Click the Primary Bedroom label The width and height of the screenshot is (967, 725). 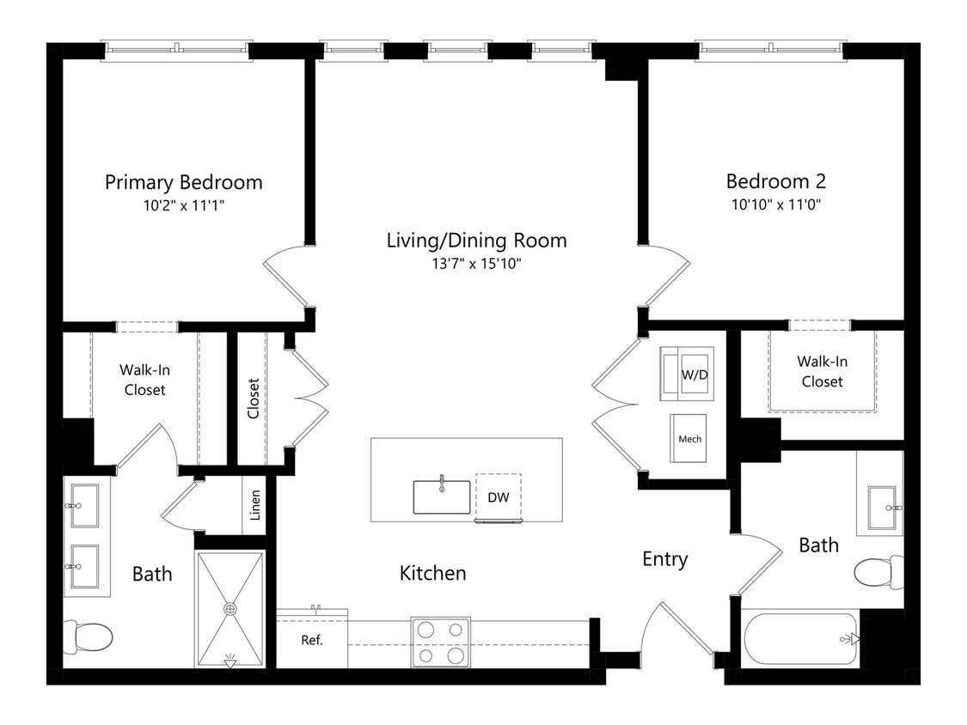point(184,182)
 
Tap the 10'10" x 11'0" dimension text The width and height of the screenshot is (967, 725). point(776,204)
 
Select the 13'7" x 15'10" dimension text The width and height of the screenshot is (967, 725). point(476,264)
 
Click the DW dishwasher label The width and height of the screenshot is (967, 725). point(499,497)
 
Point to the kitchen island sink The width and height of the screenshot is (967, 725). point(442,497)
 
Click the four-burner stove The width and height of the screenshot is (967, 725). point(441,643)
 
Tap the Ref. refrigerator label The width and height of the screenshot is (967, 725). point(312,641)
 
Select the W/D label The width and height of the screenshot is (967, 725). point(695,375)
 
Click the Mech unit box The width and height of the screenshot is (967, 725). point(689,438)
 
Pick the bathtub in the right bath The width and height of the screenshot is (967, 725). point(801,639)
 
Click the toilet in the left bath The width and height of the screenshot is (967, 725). point(89,637)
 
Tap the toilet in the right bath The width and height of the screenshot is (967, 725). point(878,572)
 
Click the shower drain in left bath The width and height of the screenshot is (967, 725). point(230,609)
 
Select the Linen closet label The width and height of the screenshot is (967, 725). point(255,506)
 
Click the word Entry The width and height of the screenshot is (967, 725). point(664,559)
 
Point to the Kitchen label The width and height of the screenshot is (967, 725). point(433,573)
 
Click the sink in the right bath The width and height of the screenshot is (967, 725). point(885,508)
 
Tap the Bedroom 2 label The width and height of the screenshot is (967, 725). point(776,181)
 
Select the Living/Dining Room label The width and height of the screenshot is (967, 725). point(477,241)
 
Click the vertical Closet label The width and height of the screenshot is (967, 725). point(254,399)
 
